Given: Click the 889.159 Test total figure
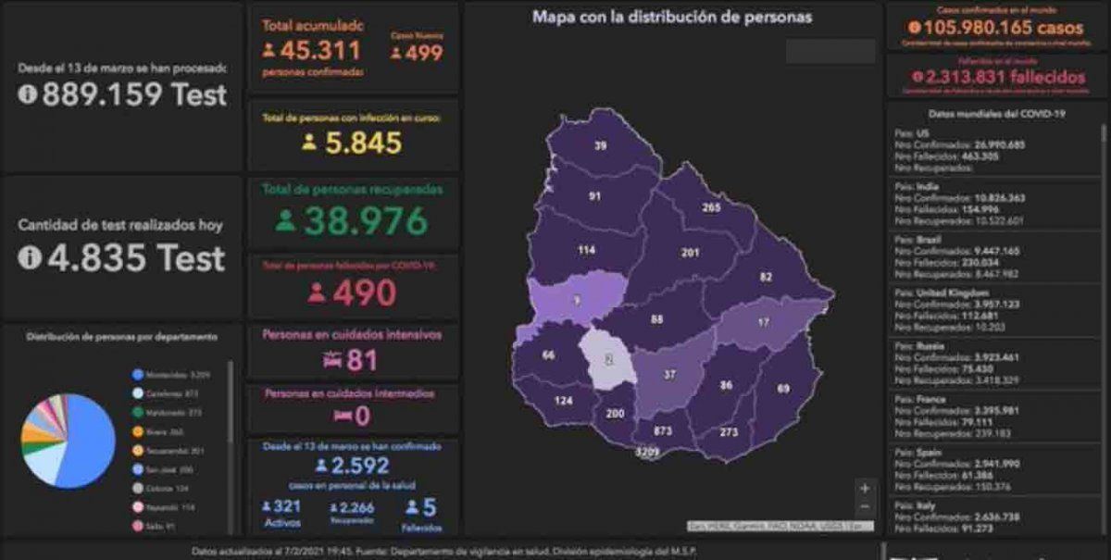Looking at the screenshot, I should [133, 93].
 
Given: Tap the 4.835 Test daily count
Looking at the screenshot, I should [133, 257].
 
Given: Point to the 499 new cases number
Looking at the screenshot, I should [422, 53].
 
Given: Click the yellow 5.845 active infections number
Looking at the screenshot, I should [363, 143].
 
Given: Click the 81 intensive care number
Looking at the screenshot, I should [363, 359].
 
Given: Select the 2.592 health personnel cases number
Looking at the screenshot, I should [363, 465].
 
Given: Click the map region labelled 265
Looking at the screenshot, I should [711, 207].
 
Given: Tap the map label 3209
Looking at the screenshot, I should [647, 453].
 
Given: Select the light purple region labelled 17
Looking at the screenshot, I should [763, 323].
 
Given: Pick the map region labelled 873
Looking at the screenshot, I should [663, 431].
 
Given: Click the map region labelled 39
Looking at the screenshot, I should [601, 145].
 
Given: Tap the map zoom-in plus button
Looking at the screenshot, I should [865, 488].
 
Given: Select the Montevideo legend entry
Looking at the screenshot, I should [176, 375].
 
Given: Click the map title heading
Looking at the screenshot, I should [672, 17].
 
